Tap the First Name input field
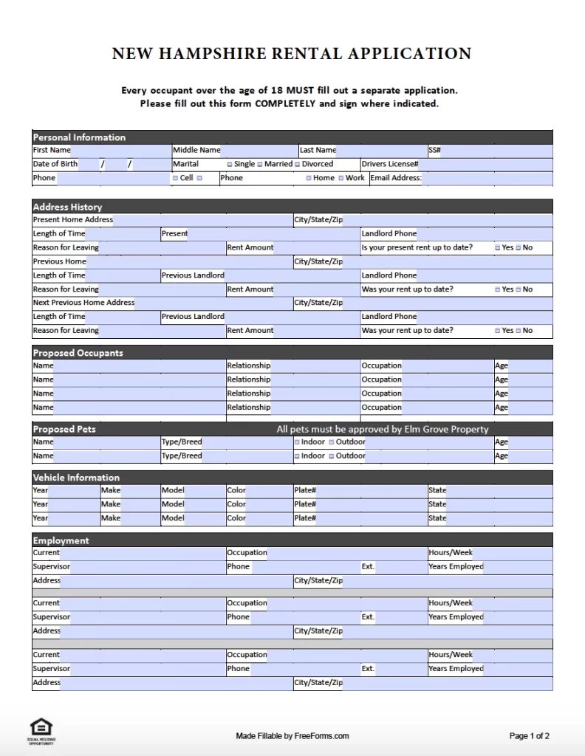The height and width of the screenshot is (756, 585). (120, 150)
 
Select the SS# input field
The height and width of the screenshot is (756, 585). (496, 150)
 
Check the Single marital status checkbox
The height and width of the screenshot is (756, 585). (230, 165)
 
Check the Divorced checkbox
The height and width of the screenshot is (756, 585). (298, 165)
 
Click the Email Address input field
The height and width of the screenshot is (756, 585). (487, 178)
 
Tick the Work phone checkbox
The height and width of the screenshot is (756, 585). (341, 179)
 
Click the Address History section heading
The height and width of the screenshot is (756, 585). (68, 207)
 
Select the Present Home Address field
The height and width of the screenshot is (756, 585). (202, 220)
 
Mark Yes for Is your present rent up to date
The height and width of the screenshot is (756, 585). (498, 248)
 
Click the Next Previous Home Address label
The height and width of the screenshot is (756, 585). (83, 303)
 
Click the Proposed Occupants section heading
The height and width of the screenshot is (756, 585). (78, 353)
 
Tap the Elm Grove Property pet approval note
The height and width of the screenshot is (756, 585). (382, 429)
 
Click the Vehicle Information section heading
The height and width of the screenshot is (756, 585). (76, 478)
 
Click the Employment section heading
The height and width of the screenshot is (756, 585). (61, 540)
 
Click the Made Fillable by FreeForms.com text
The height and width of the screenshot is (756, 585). (292, 735)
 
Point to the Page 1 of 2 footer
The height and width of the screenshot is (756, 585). (529, 735)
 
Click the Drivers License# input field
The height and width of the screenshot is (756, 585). (485, 164)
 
